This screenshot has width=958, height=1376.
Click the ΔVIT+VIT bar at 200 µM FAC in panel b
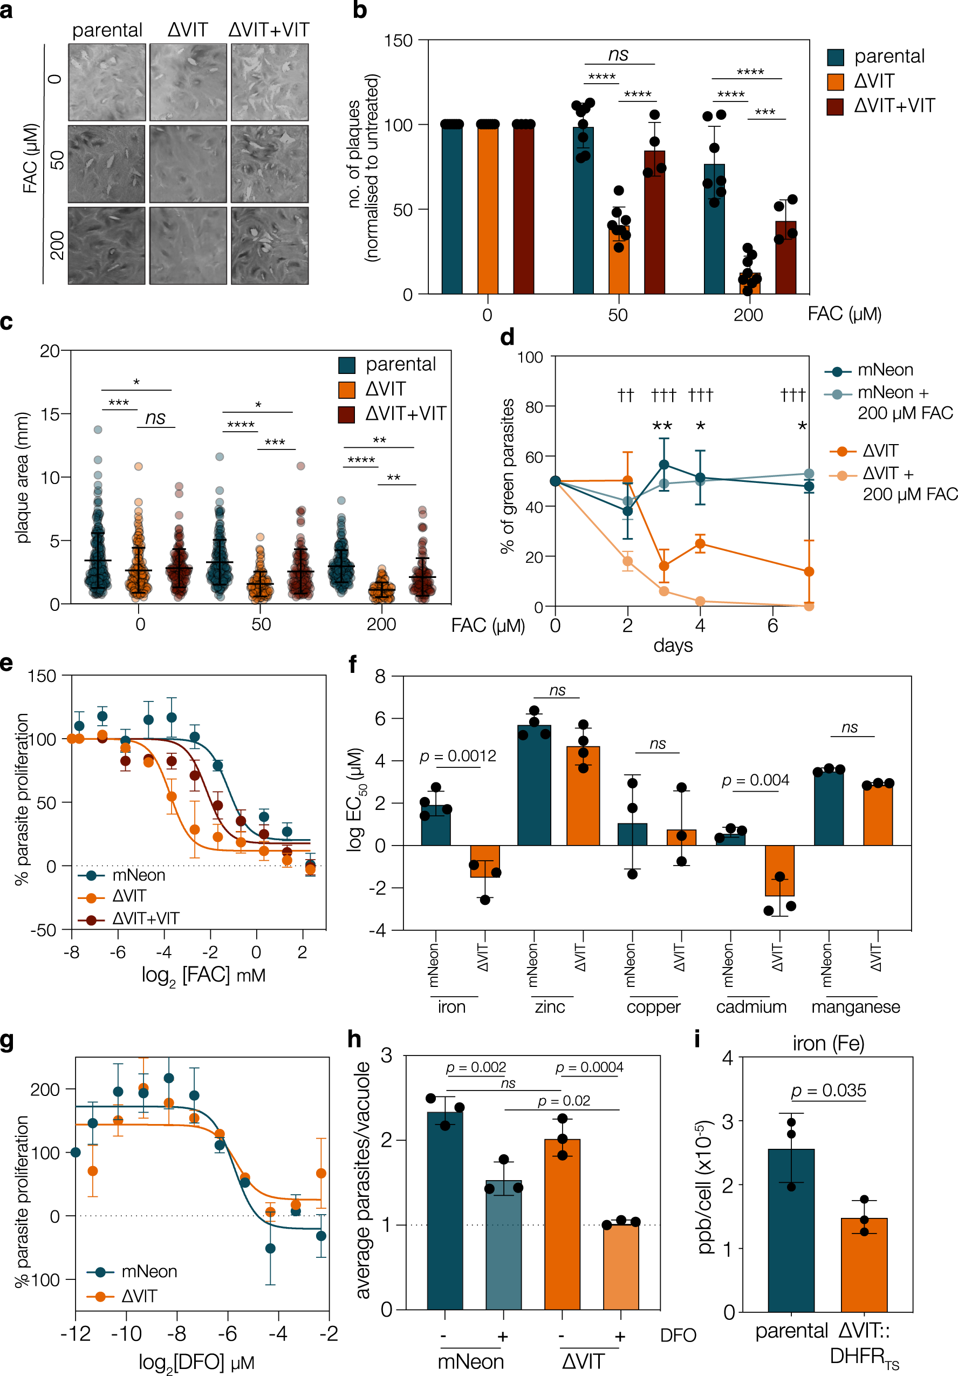click(785, 258)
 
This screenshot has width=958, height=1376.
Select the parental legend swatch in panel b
click(835, 57)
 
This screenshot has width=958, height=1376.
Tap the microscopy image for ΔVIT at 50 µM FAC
click(188, 164)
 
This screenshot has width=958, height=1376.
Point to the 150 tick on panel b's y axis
click(399, 41)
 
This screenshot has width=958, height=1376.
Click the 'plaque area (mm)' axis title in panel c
click(23, 478)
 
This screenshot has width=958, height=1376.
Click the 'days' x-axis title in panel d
click(673, 645)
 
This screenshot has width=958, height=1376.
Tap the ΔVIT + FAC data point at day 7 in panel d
click(809, 606)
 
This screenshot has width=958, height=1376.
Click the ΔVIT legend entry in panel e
click(129, 896)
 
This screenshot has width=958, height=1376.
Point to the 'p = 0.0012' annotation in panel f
click(459, 757)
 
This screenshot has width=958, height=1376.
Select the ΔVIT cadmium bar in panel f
click(779, 870)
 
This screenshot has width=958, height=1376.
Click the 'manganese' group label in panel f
click(855, 1006)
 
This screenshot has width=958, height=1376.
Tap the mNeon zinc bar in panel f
click(534, 785)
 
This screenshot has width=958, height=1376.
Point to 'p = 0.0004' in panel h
click(589, 1067)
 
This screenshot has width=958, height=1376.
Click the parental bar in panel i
click(791, 1230)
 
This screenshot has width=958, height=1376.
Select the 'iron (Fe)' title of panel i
click(828, 1044)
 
